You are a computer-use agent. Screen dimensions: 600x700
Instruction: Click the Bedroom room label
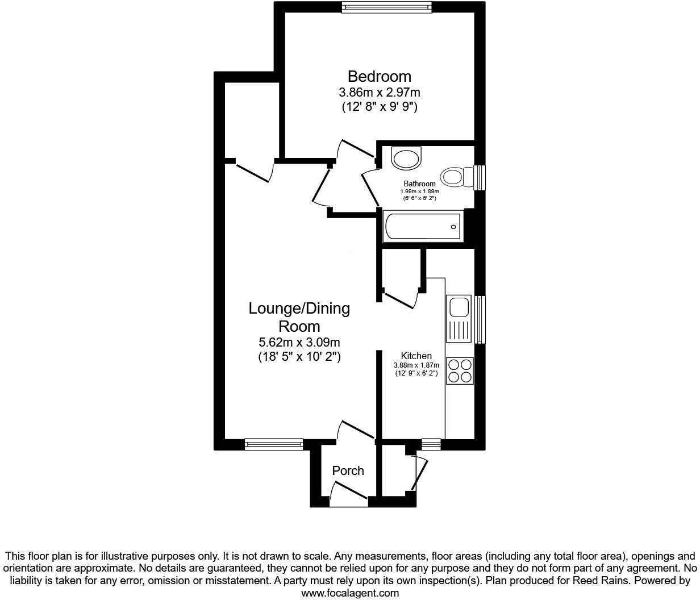click(x=379, y=76)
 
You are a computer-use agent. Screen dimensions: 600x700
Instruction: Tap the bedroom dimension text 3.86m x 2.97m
click(x=379, y=92)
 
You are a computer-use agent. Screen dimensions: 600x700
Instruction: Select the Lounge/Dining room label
click(x=299, y=318)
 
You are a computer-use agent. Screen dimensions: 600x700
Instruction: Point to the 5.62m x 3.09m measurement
click(x=299, y=343)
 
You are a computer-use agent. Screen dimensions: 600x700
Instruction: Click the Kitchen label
click(x=416, y=356)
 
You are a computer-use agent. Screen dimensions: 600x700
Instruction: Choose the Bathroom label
click(x=419, y=184)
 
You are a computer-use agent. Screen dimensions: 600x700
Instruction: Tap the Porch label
click(x=348, y=470)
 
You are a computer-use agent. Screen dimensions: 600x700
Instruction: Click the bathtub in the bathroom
click(x=423, y=227)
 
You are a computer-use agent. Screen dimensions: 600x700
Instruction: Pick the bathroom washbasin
click(x=407, y=159)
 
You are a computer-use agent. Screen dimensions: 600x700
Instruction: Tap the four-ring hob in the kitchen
click(x=460, y=370)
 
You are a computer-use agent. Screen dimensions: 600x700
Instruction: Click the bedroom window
click(x=386, y=7)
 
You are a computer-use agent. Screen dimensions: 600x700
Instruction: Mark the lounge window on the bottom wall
click(x=274, y=444)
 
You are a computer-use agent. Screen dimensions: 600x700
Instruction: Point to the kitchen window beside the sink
click(x=480, y=319)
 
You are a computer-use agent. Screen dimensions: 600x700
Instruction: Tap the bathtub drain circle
click(x=453, y=227)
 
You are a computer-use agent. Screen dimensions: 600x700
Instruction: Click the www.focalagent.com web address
click(x=349, y=593)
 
